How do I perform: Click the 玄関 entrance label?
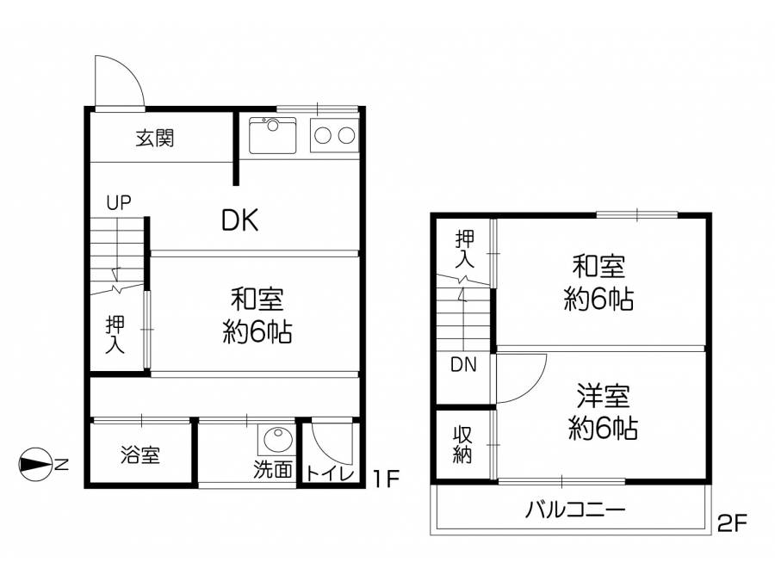click(155, 139)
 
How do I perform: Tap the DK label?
click(239, 220)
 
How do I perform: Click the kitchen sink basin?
click(272, 135)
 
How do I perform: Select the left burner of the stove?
click(323, 135)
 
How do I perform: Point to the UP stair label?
click(119, 202)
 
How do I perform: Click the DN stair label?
click(463, 365)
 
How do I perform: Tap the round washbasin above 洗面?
click(276, 439)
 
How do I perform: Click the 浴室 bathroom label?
click(140, 454)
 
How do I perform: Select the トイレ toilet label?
click(330, 473)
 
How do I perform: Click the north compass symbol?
click(35, 465)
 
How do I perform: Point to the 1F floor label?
click(386, 478)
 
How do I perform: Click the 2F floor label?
click(733, 523)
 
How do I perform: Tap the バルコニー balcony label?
click(575, 510)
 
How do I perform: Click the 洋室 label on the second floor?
click(603, 396)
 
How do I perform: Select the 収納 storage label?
click(463, 445)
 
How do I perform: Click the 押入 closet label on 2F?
click(465, 249)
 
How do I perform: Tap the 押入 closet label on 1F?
click(115, 335)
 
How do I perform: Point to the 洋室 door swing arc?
click(532, 390)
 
